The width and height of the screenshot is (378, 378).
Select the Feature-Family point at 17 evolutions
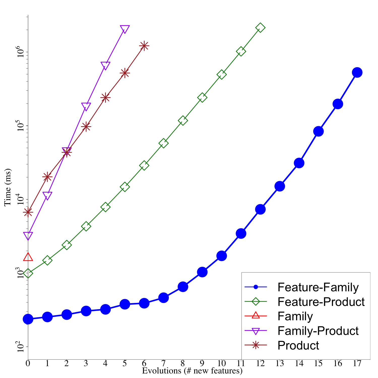pyautogui.click(x=357, y=73)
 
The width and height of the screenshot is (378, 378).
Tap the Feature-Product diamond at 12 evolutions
pyautogui.click(x=260, y=28)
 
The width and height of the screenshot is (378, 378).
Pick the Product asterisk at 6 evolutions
pyautogui.click(x=144, y=46)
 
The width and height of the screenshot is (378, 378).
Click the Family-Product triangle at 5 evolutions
pyautogui.click(x=125, y=29)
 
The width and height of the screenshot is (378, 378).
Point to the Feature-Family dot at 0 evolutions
pyautogui.click(x=28, y=319)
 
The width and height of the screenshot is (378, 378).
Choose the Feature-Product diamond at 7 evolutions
pyautogui.click(x=163, y=143)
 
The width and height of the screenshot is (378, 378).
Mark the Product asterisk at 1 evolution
pyautogui.click(x=47, y=177)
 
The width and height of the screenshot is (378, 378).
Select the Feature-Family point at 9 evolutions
pyautogui.click(x=202, y=272)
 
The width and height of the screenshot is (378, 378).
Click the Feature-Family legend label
pyautogui.click(x=318, y=287)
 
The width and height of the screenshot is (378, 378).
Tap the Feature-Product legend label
pyautogui.click(x=321, y=302)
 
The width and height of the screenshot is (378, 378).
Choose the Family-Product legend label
pyautogui.click(x=318, y=331)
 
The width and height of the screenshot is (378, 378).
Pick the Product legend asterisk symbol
pyautogui.click(x=256, y=345)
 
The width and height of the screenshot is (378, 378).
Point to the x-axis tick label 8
pyautogui.click(x=183, y=363)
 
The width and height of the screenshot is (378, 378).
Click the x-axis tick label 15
pyautogui.click(x=318, y=363)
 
